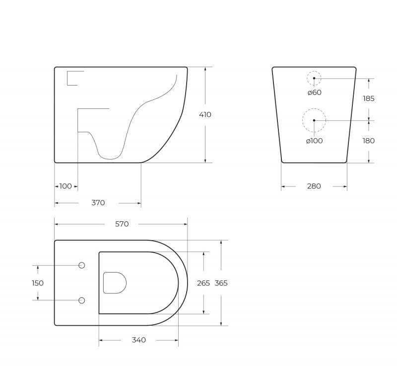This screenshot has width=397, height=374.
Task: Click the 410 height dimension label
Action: click(205, 115)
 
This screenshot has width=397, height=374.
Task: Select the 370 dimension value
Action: click(98, 203)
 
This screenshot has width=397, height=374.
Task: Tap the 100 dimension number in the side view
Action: click(66, 186)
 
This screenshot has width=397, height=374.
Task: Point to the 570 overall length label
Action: click(122, 224)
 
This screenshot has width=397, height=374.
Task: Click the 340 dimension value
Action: click(139, 340)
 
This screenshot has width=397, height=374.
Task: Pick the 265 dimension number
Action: click(203, 283)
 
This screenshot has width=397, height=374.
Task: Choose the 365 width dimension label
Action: click(221, 283)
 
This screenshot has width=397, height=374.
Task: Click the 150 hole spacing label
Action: click(38, 283)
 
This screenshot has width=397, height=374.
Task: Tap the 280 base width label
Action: click(314, 186)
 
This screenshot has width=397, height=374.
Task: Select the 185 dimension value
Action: click(368, 98)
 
